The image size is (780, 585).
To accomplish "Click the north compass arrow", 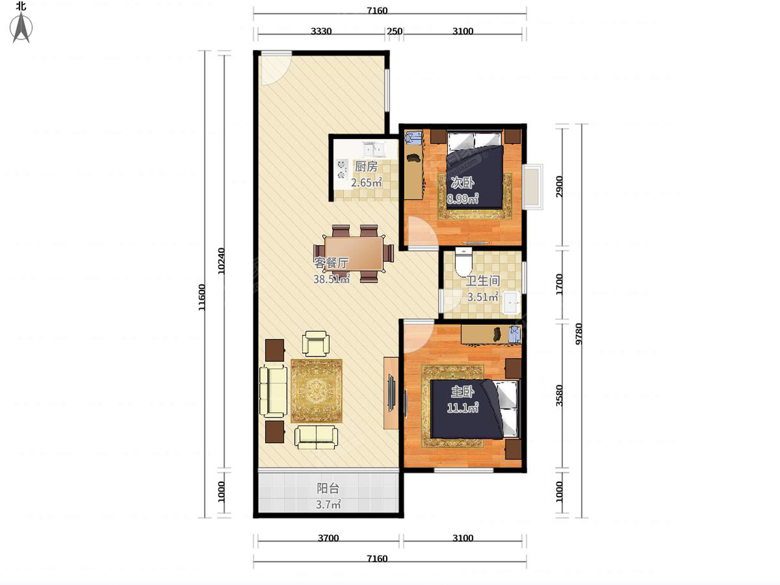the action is point(21,28).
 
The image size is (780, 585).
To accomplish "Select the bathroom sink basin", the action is point(512,303).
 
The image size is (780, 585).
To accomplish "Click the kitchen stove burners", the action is point(93,169).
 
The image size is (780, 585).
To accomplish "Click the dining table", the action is point(354,253).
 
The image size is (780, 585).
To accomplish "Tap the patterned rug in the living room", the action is point(317,391).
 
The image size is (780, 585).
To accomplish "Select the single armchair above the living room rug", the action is point(315,343).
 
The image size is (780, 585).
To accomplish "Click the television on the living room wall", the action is point(391,393).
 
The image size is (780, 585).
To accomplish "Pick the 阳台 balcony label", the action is point(328,488).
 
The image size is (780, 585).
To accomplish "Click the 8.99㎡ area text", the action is point(462,198).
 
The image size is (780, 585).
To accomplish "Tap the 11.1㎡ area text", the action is point(462,408).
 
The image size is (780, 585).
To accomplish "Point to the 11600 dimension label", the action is point(201,297).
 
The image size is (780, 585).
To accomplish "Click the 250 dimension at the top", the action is point(395,31).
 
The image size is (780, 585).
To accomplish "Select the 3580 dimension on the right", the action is point(560,395).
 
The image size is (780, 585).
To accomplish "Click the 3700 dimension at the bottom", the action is point(328,538).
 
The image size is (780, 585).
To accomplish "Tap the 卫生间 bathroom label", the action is point(482,281).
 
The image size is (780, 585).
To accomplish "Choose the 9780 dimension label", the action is point(579,333).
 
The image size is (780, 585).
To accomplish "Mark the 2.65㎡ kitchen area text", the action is point(367,183).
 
